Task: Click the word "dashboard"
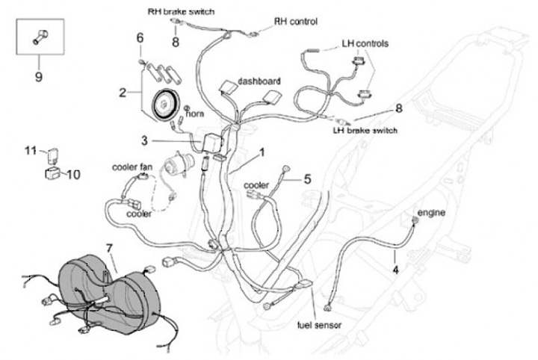tap(259, 80)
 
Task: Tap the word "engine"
tap(431, 213)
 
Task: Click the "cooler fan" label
tap(132, 167)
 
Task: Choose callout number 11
tap(29, 151)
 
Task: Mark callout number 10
tap(73, 175)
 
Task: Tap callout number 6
tap(139, 37)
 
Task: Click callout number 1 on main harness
tap(262, 152)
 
